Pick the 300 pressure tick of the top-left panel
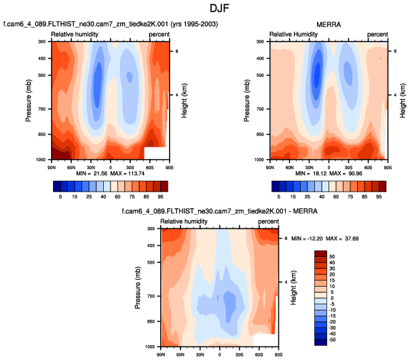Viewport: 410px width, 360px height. click(41, 42)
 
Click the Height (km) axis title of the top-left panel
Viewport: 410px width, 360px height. click(185, 101)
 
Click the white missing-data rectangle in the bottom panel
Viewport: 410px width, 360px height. click(263, 339)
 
